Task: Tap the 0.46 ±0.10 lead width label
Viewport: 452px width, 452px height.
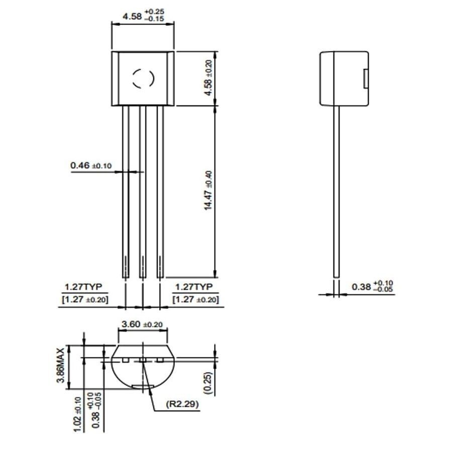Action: click(x=91, y=165)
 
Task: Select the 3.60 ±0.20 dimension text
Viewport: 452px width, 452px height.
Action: click(x=142, y=324)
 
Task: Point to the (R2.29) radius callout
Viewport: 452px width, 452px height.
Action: click(x=182, y=404)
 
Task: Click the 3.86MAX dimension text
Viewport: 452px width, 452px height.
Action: click(x=61, y=366)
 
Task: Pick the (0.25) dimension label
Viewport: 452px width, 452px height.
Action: click(x=208, y=383)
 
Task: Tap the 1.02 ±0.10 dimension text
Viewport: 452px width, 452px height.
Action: click(x=78, y=414)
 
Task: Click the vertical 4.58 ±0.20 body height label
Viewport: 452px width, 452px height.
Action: click(x=208, y=77)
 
